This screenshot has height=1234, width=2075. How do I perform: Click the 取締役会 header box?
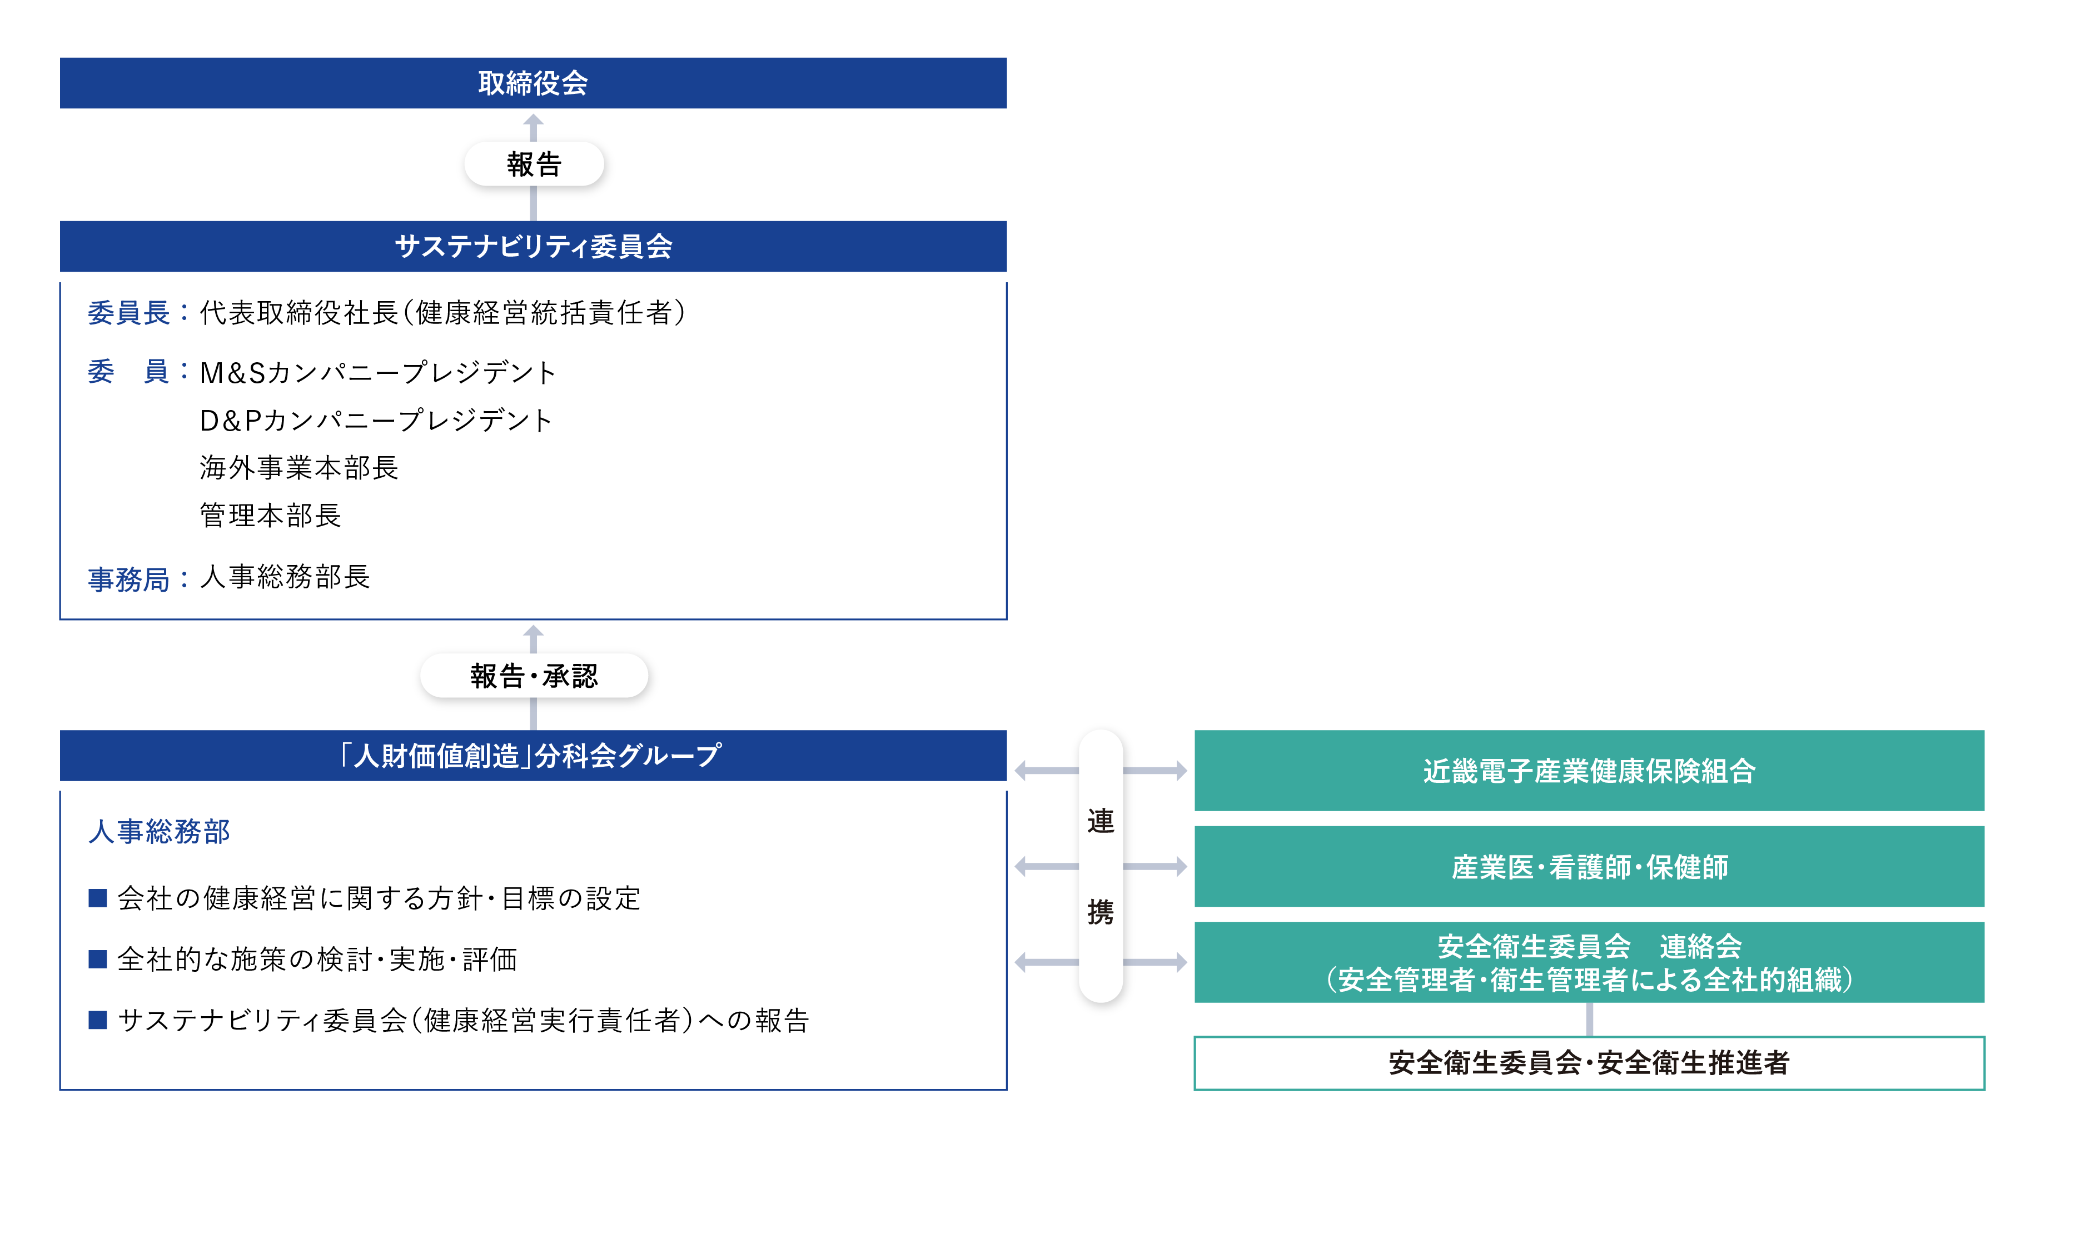[x=533, y=83]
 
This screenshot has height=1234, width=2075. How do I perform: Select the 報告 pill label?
[x=533, y=164]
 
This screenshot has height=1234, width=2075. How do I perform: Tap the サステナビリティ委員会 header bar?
[x=533, y=246]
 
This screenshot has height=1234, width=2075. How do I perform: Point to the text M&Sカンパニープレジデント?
[x=377, y=372]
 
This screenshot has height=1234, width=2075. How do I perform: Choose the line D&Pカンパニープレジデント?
[x=376, y=420]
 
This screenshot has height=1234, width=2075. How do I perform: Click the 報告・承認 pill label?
[x=533, y=675]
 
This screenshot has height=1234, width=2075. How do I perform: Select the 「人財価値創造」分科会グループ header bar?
[x=533, y=755]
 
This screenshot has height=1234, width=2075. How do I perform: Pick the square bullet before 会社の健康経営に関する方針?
[x=98, y=898]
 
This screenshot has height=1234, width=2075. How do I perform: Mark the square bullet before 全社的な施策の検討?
[x=98, y=960]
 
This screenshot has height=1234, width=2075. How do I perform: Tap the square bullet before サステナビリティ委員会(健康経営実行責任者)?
[x=98, y=1020]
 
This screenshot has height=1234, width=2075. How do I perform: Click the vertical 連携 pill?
[x=1099, y=866]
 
